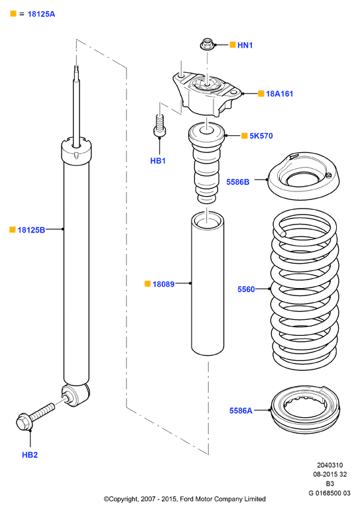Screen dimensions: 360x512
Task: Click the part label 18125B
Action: click(31, 230)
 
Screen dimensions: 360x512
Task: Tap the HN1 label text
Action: click(245, 46)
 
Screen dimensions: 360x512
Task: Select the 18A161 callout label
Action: click(279, 93)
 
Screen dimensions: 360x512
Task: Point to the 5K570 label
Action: click(261, 136)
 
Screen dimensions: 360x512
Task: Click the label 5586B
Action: click(238, 182)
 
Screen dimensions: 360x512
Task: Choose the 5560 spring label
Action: click(246, 289)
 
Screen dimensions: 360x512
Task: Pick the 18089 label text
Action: click(164, 284)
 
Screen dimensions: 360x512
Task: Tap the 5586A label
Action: click(241, 411)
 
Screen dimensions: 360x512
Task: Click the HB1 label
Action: click(158, 161)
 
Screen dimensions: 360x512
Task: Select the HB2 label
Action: click(30, 454)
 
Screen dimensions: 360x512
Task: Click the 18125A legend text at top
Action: click(41, 14)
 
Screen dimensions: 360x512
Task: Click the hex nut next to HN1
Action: click(207, 44)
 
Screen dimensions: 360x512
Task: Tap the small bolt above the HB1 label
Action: click(160, 125)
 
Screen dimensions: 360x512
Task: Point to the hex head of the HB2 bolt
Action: click(24, 422)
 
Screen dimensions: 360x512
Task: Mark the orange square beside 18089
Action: click(147, 283)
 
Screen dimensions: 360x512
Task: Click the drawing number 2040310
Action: click(330, 465)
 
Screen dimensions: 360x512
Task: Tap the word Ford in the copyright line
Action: click(187, 499)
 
